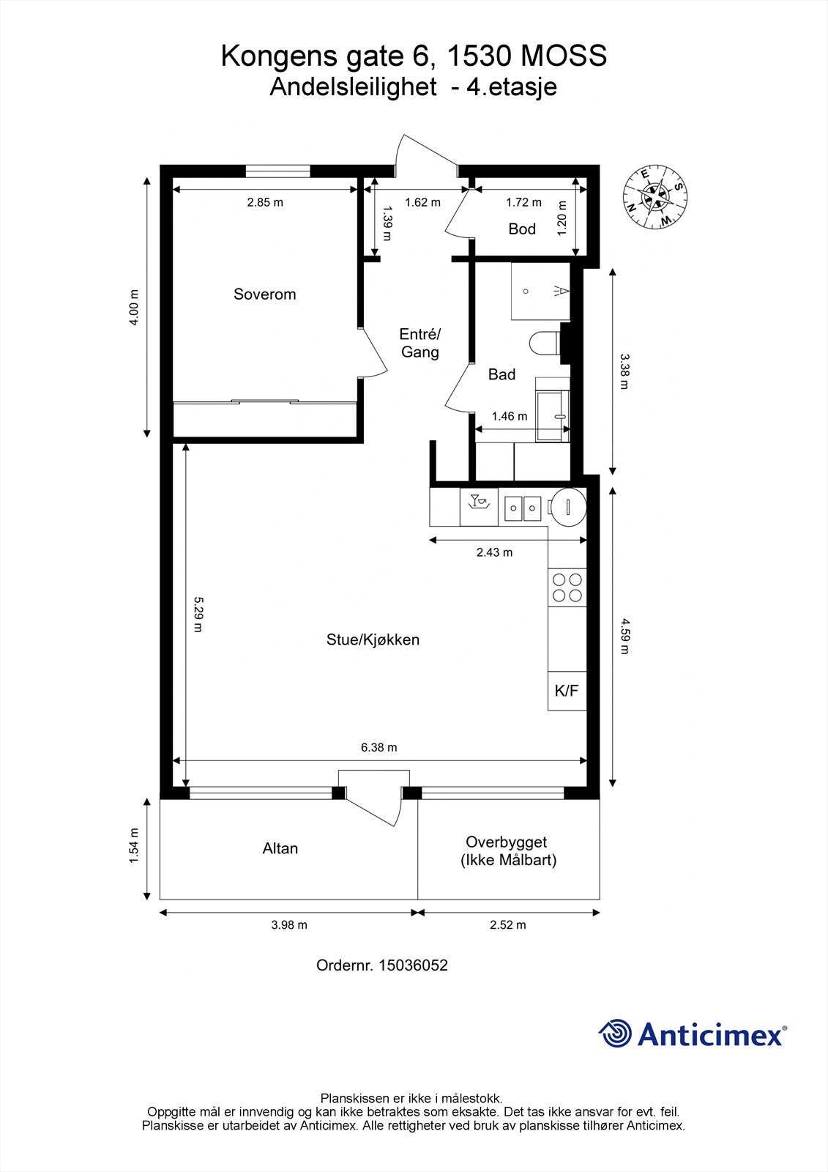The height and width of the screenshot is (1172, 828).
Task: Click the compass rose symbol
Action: tap(655, 198)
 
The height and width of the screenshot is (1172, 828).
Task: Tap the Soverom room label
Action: tap(265, 294)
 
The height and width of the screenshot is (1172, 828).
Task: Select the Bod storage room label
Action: tap(522, 229)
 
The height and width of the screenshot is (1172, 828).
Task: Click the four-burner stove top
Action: tap(567, 587)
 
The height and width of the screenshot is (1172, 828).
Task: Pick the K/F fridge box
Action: tap(567, 691)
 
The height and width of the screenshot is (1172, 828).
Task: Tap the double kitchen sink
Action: tap(523, 508)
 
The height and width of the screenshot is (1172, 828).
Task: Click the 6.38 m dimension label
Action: tap(378, 747)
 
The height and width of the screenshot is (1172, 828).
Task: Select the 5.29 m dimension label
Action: tap(198, 615)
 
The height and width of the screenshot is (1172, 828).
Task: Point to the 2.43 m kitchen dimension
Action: tap(494, 552)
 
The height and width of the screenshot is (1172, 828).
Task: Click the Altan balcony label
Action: tap(280, 848)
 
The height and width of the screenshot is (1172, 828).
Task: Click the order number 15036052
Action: tap(413, 965)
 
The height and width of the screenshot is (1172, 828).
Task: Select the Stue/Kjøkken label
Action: tap(373, 640)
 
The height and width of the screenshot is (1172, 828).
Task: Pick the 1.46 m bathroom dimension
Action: tap(510, 417)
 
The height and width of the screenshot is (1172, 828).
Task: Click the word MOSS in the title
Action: tap(563, 56)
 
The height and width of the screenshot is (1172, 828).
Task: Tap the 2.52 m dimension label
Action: tap(508, 925)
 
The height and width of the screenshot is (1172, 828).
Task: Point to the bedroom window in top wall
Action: tap(277, 171)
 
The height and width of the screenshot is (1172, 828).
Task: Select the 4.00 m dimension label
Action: tap(134, 307)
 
